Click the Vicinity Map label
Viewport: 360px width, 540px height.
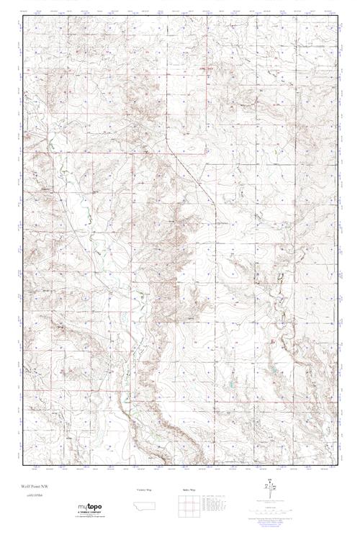pyautogui.click(x=144, y=489)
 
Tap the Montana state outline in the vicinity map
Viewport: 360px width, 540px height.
pyautogui.click(x=144, y=502)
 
